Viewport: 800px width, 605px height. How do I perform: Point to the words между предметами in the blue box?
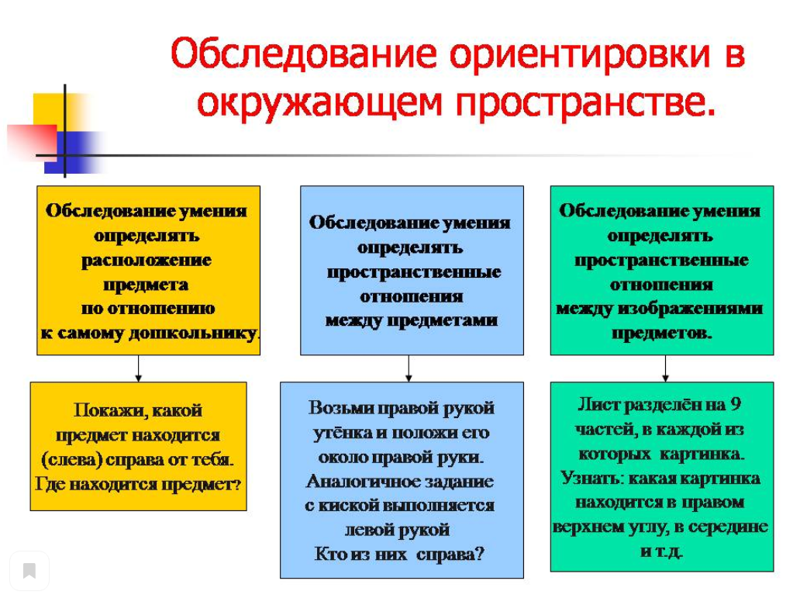click(411, 320)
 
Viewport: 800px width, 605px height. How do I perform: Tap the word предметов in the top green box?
click(660, 334)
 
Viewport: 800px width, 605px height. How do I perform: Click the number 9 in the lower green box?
click(736, 404)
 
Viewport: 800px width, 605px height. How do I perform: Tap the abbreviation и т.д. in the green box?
click(662, 551)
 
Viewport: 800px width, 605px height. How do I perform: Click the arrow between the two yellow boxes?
click(139, 368)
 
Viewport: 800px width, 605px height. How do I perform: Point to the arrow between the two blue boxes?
click(409, 368)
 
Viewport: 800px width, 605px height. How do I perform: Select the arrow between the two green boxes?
click(665, 368)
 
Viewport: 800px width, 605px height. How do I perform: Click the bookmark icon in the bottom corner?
click(29, 572)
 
